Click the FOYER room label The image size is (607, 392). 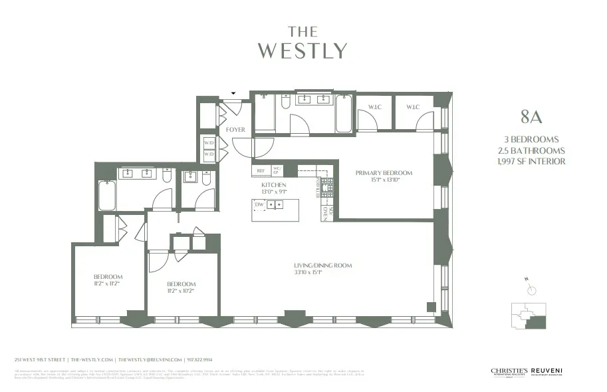(235, 130)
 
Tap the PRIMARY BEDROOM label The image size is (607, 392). (384, 173)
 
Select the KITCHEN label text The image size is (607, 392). (273, 184)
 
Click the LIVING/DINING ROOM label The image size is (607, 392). (322, 266)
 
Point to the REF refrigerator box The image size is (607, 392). (261, 171)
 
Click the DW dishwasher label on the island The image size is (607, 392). (259, 205)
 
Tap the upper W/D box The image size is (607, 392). (209, 143)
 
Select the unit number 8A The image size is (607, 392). (532, 118)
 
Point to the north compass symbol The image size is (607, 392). (531, 289)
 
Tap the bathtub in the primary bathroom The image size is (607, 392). (344, 115)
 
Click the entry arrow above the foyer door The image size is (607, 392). (233, 93)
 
